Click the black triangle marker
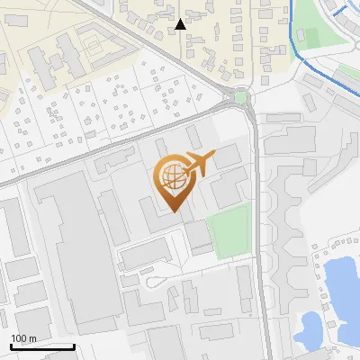coord(181,24)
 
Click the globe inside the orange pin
coord(171,176)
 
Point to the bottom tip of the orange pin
coord(172,212)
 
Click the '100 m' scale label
coord(23,338)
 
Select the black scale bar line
coord(42,346)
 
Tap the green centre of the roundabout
coord(240,96)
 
